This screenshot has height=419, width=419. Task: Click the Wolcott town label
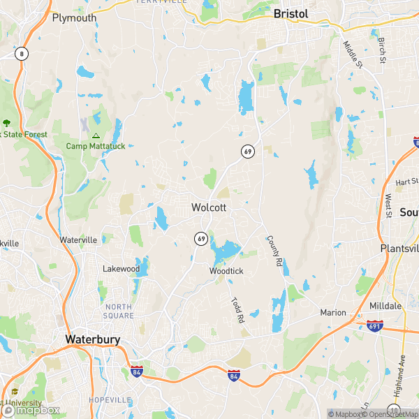(x=209, y=207)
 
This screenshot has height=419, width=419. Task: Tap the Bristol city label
(x=291, y=13)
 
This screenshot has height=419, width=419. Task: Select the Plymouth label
(x=74, y=18)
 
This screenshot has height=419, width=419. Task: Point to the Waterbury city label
(x=92, y=339)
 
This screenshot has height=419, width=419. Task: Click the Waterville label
(x=78, y=240)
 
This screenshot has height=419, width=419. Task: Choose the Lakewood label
(x=122, y=269)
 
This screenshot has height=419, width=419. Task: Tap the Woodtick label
(x=226, y=271)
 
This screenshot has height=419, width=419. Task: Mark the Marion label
(x=333, y=312)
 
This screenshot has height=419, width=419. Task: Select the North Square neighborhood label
(x=119, y=311)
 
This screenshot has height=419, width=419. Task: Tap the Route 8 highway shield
(x=22, y=54)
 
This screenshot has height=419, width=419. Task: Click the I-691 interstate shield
(x=374, y=325)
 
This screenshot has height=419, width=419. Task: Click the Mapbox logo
(x=31, y=409)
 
